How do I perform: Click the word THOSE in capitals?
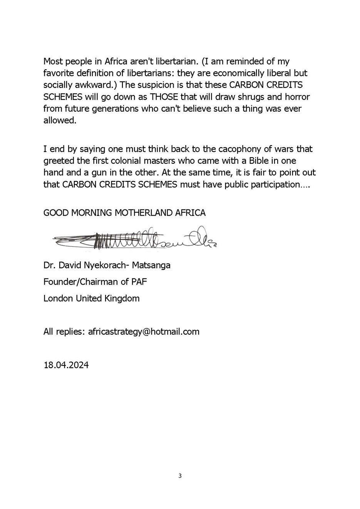pos(164,97)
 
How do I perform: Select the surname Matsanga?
pos(151,265)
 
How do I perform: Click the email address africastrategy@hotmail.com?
pos(144,332)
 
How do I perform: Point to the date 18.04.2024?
pos(66,365)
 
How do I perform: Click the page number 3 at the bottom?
pos(180,476)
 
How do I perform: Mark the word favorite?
pos(59,73)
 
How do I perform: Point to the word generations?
pos(116,109)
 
